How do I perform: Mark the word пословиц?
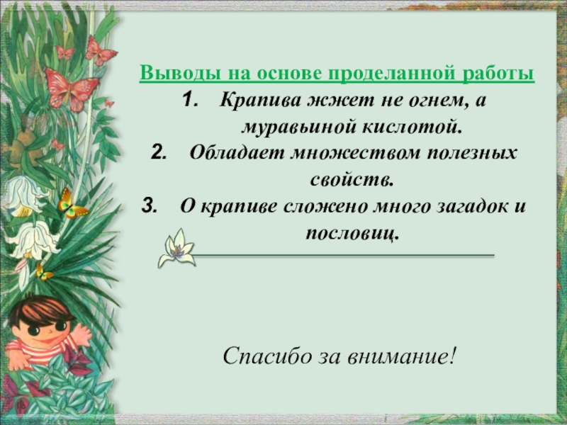352,232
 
